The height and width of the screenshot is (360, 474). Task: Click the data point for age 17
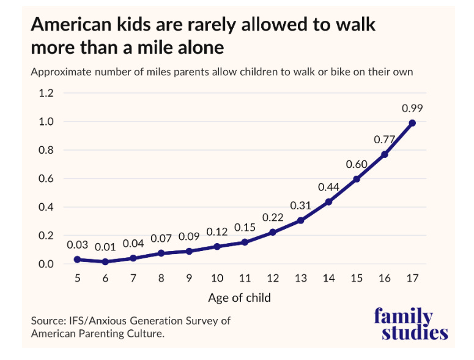coord(412,123)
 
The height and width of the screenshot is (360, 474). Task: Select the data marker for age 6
coord(105,261)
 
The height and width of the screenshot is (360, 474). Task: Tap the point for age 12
coord(273,232)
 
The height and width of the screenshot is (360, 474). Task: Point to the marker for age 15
coord(357,179)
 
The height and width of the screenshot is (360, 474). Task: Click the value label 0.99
coord(412,108)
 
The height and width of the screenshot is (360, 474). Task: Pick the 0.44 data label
coord(328,187)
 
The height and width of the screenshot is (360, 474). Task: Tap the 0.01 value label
coord(105,247)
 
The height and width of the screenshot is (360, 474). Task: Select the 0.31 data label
coord(300,206)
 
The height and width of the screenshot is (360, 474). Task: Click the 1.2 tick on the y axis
coord(46,93)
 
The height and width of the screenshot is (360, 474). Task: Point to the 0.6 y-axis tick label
coord(46,179)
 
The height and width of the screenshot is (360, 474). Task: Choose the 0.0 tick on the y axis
coord(46,264)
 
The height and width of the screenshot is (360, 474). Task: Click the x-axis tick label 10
coord(217,278)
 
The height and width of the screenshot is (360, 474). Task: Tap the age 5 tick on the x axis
coord(78,278)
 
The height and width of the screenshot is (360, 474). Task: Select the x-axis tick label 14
coord(328,278)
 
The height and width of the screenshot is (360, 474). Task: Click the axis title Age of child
coord(239,298)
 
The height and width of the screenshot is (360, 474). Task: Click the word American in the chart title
coord(72,24)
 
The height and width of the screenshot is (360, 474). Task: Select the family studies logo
coord(410,324)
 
